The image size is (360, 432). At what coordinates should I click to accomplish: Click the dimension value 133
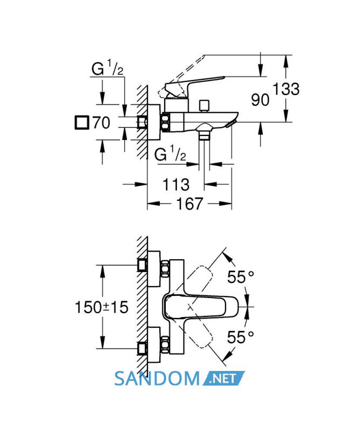tap(286, 89)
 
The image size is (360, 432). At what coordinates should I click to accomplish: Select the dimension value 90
tap(260, 99)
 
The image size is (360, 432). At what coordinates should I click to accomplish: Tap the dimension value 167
tap(189, 204)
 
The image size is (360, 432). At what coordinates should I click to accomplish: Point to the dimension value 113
tap(176, 184)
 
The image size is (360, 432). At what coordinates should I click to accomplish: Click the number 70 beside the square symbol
tap(101, 123)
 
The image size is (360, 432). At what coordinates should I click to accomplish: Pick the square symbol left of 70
tap(82, 123)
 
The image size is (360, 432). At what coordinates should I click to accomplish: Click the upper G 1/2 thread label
tap(107, 69)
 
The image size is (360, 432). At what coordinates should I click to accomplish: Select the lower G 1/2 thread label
tap(170, 154)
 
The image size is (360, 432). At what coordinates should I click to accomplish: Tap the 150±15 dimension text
tap(101, 307)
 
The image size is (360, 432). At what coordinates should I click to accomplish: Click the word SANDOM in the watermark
tap(157, 379)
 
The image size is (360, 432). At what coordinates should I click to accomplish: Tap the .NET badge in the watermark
tap(223, 378)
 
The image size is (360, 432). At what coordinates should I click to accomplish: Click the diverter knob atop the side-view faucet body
tap(205, 105)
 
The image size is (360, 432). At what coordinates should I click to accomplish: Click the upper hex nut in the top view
tap(165, 268)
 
